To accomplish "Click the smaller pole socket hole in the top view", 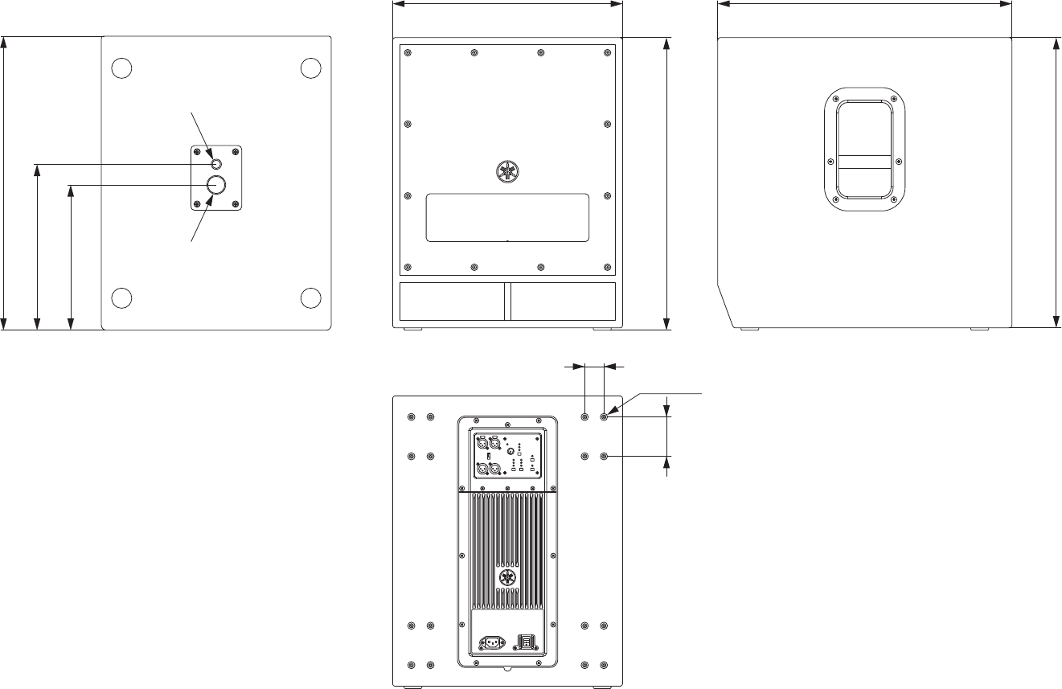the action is point(215,165).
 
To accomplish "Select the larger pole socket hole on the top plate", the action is point(216,185).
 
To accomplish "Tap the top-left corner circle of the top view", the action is point(121,68).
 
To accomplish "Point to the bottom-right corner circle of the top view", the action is point(311,297).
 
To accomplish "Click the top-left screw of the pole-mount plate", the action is point(198,153).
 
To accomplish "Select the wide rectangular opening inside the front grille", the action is point(507,217).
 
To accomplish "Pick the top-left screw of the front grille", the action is point(408,54).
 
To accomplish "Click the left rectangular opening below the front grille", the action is point(453,301).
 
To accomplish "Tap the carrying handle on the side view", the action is point(864,151).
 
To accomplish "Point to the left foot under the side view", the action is point(749,329).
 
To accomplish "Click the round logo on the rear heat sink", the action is point(507,578).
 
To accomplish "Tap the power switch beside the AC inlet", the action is point(526,642).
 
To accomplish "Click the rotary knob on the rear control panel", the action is point(510,452).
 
